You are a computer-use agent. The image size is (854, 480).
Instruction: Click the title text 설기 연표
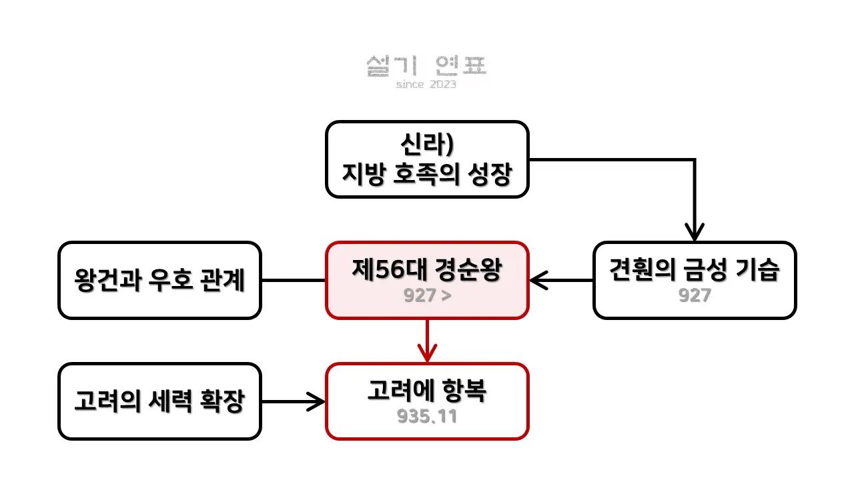(x=427, y=65)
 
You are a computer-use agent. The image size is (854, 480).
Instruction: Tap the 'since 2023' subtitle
(x=426, y=85)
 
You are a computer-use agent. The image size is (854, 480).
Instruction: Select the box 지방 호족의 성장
(x=427, y=159)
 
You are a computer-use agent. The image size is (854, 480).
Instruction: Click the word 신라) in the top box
(x=427, y=145)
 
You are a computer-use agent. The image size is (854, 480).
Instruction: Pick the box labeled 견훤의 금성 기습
(x=695, y=280)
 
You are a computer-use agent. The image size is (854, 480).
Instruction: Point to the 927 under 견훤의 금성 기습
(x=695, y=295)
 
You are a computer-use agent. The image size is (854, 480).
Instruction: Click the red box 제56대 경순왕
(x=427, y=280)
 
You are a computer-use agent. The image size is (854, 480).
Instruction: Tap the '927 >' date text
(x=426, y=295)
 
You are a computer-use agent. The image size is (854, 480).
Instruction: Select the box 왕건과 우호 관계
(x=160, y=280)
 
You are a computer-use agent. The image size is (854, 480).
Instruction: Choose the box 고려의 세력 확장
(x=160, y=401)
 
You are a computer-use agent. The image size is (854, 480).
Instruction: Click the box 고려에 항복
(x=427, y=401)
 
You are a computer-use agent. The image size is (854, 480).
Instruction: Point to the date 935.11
(x=427, y=417)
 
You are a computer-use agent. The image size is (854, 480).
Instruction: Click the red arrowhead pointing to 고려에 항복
(x=427, y=353)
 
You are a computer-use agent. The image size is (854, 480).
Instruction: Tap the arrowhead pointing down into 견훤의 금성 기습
(x=695, y=233)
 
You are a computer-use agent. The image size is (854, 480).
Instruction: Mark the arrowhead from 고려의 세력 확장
(x=316, y=401)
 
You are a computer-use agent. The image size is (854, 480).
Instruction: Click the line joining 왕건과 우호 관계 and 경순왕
(x=294, y=281)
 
